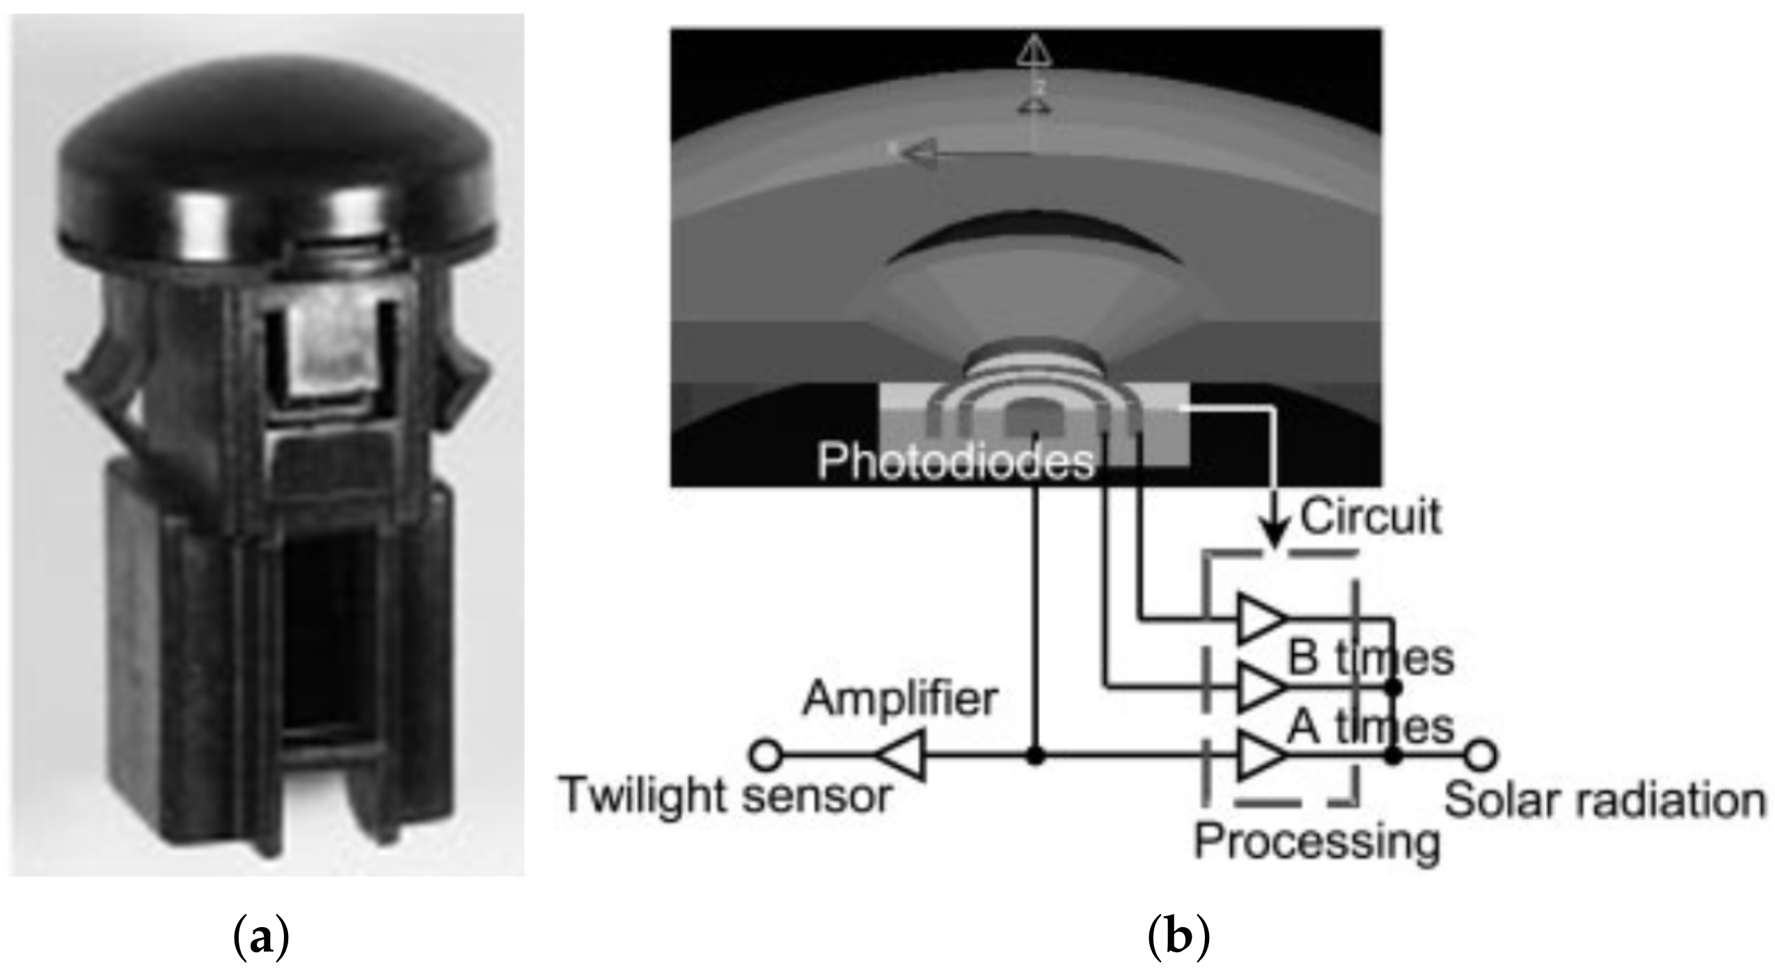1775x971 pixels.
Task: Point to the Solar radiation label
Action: click(1605, 800)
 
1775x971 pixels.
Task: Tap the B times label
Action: click(1370, 658)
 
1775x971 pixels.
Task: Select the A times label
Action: click(1370, 727)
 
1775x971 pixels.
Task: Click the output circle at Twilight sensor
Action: click(766, 756)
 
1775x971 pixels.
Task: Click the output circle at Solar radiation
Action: click(1481, 756)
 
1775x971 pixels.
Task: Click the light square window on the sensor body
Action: click(333, 355)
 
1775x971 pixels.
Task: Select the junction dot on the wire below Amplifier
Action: click(1036, 756)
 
